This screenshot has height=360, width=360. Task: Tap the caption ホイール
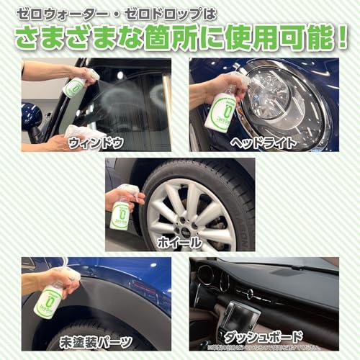coord(179,243)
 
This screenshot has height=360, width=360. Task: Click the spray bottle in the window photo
coord(74,86)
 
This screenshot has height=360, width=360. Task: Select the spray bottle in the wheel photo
coord(120,213)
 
